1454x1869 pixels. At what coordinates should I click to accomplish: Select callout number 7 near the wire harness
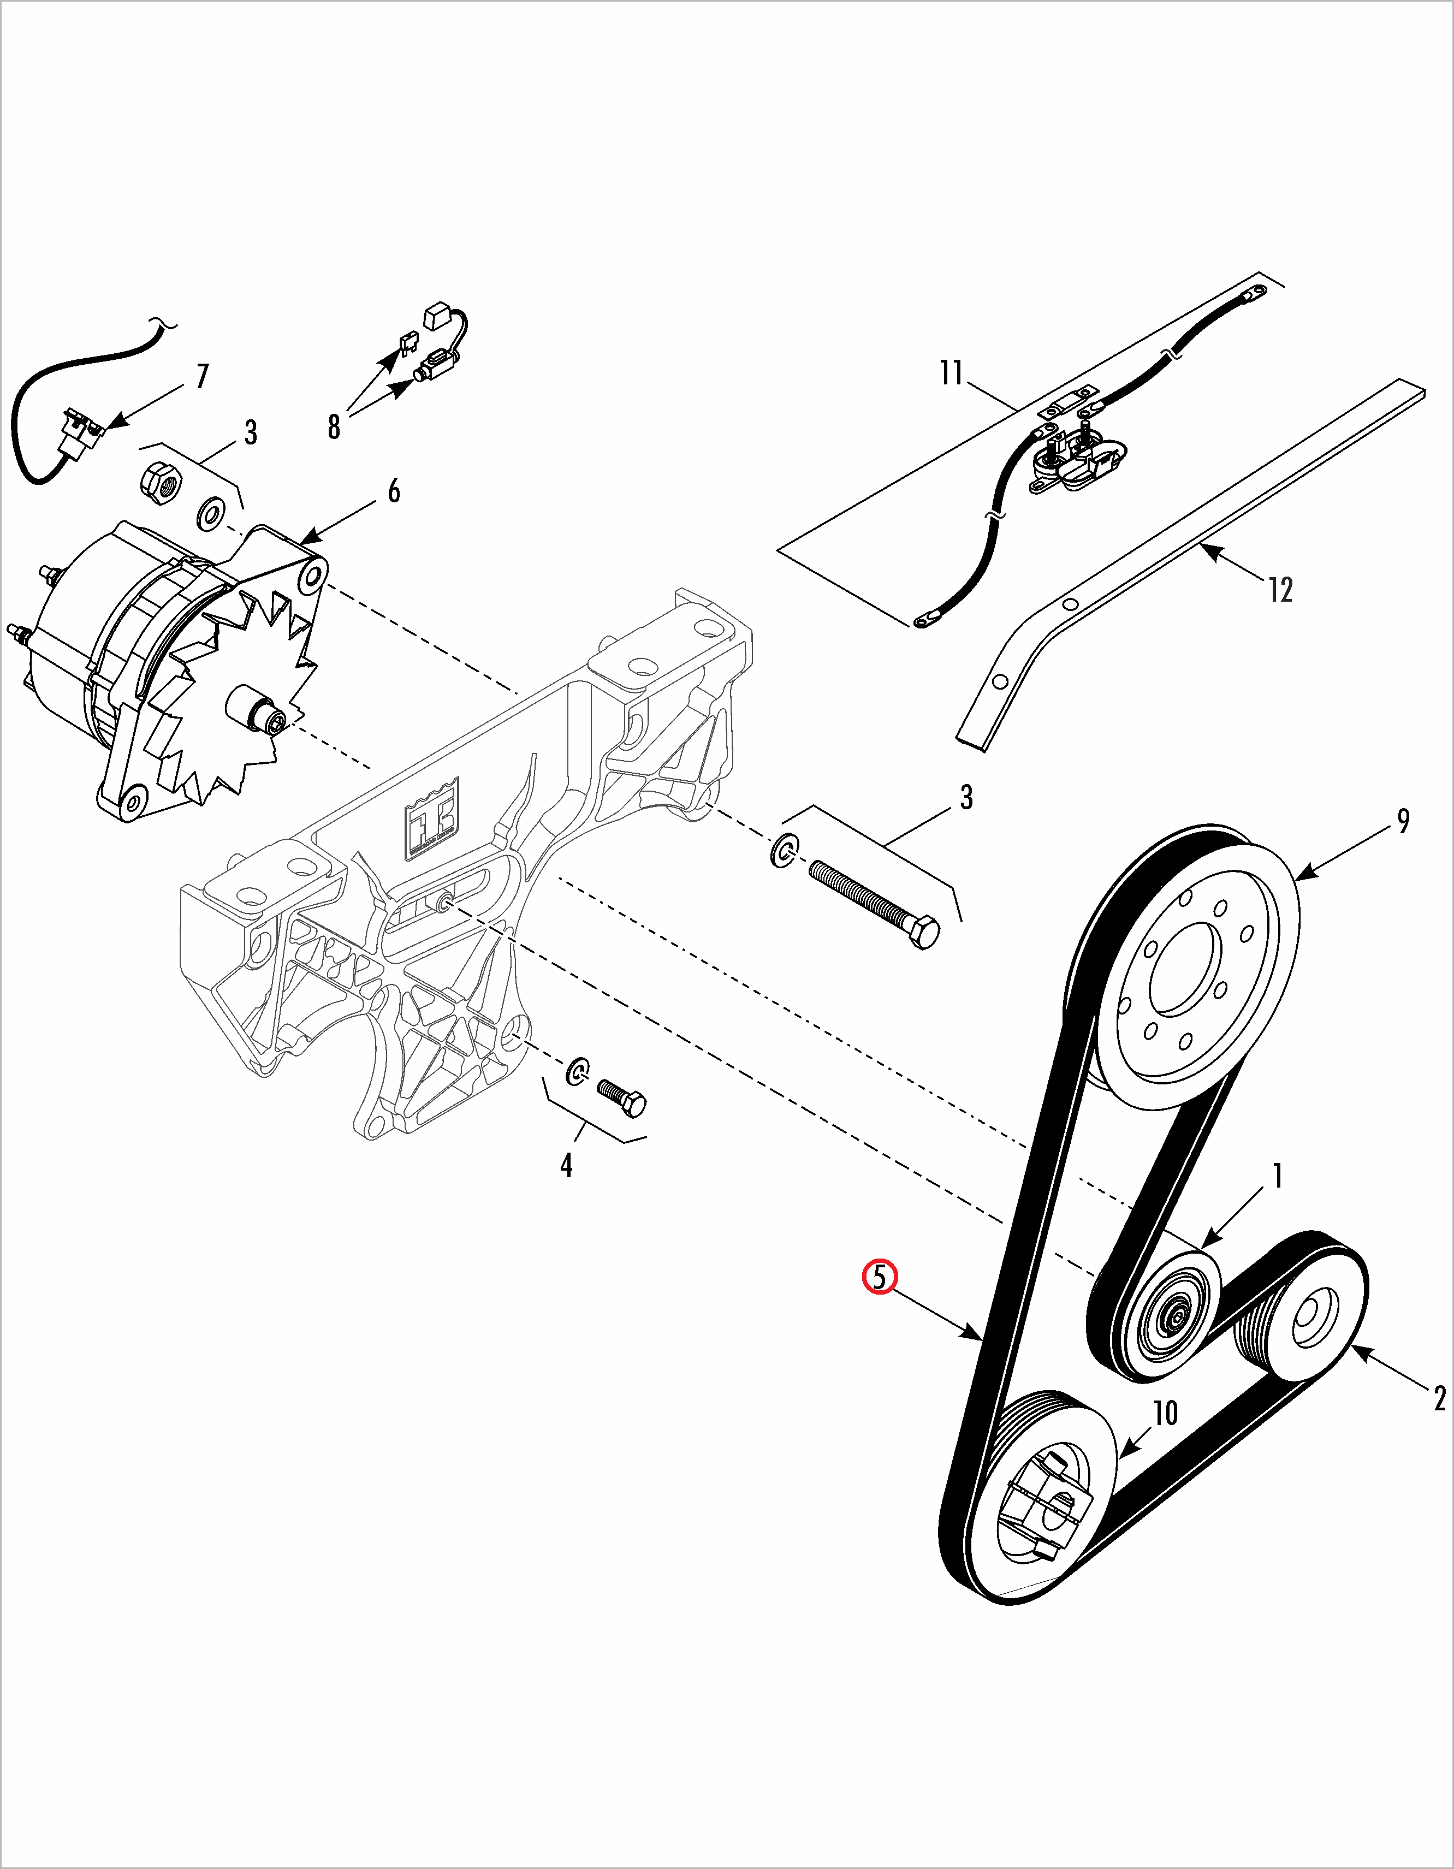202,377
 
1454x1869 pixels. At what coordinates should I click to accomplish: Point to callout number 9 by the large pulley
1404,822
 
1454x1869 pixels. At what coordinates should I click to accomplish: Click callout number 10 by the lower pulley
1166,1413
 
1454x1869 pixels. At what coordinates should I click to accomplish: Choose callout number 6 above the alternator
394,491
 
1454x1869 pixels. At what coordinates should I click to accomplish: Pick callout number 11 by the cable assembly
951,373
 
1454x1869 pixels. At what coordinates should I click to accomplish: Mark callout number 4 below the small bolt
566,1165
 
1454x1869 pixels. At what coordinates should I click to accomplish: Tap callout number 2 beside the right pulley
1439,1398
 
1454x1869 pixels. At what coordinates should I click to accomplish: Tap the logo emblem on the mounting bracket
432,819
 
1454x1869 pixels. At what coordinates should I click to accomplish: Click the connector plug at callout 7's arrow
83,429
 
